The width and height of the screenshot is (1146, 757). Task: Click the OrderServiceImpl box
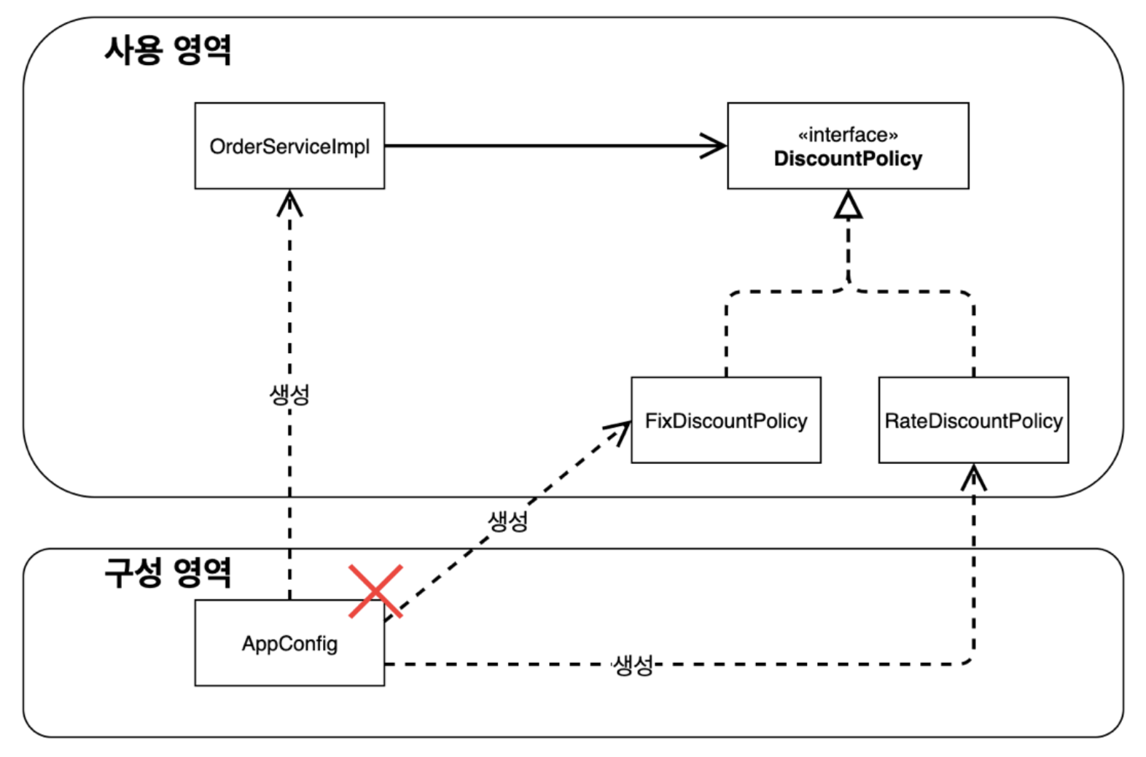[289, 146]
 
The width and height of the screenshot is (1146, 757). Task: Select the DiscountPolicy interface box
[849, 146]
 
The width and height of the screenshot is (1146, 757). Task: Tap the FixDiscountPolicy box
[726, 420]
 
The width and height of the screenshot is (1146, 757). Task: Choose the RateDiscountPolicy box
[973, 420]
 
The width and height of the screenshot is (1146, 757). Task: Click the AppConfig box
[289, 643]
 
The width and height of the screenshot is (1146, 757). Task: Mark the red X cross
[375, 591]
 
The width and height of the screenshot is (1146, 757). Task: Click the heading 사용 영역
[168, 50]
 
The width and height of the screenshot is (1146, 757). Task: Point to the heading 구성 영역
[168, 572]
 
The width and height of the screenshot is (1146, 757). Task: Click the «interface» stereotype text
[849, 135]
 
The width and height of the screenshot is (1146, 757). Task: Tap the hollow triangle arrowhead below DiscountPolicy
[849, 205]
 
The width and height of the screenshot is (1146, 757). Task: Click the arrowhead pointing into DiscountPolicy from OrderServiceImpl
[714, 146]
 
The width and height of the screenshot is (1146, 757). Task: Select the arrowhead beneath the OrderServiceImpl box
[289, 203]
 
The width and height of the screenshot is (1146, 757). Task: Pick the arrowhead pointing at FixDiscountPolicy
[619, 431]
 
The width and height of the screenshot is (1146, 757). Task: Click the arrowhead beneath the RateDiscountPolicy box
[973, 478]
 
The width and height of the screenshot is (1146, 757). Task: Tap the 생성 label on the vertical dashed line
[289, 395]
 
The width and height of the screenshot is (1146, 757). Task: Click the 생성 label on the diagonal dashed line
[507, 521]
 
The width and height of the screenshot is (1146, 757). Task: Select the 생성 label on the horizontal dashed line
[634, 665]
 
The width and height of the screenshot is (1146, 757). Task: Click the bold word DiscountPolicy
[849, 159]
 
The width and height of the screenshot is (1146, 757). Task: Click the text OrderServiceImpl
[289, 147]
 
